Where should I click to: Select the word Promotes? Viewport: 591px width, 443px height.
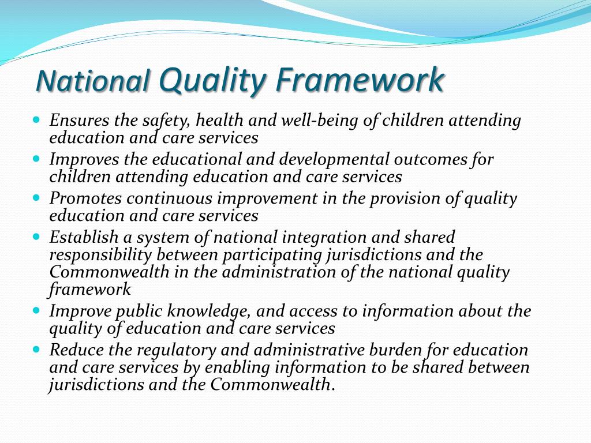coord(85,198)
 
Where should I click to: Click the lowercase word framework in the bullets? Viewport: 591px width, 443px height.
coord(90,289)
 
